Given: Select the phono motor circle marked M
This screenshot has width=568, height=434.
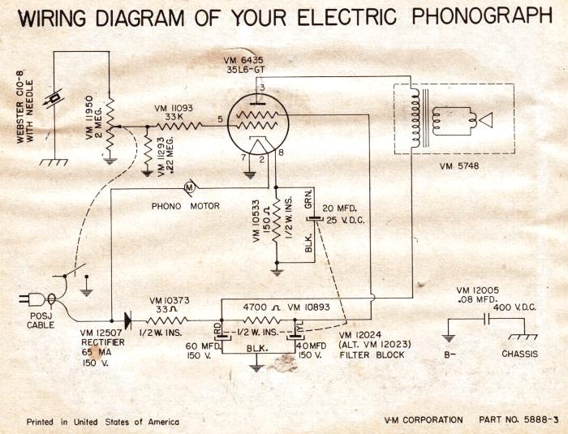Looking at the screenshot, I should click(x=189, y=188).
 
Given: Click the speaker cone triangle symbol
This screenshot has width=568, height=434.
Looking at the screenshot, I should click(x=485, y=121).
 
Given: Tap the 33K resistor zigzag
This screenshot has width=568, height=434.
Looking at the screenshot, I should click(x=179, y=126).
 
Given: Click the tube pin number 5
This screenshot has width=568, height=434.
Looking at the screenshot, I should click(x=220, y=120).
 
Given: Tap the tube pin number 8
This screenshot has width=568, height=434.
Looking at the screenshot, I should click(x=281, y=153).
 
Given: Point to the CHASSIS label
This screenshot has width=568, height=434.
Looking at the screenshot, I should click(x=520, y=355).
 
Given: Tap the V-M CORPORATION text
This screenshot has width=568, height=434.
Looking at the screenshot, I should click(x=424, y=419).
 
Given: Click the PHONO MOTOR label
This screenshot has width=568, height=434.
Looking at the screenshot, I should click(x=186, y=206).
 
